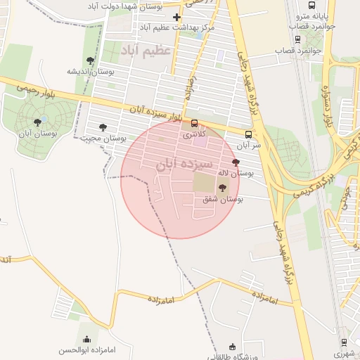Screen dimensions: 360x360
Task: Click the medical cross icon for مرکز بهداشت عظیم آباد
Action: (x=176, y=17)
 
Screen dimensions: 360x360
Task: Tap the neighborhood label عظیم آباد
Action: (x=146, y=51)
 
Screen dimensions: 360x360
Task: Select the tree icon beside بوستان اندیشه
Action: (x=89, y=60)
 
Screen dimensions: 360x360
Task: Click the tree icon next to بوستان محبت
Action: (x=103, y=127)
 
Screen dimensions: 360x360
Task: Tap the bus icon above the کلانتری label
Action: (x=194, y=123)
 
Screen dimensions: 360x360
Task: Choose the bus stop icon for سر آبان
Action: (x=248, y=134)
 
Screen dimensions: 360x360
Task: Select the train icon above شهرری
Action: (x=344, y=342)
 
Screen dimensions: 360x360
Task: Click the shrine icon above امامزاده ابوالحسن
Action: (x=86, y=339)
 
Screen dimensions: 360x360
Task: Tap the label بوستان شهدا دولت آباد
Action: (x=129, y=6)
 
